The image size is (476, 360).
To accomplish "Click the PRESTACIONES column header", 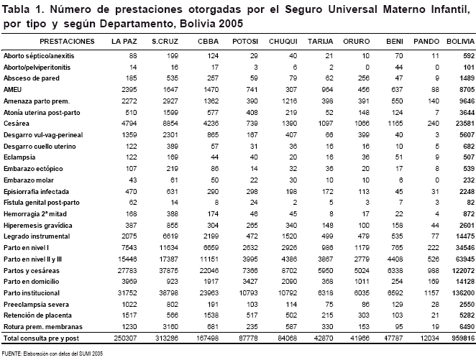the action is [67, 42].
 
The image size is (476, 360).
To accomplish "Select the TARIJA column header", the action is [320, 42].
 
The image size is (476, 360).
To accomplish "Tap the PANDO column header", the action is [426, 42].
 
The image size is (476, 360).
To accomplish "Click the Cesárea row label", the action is [17, 124].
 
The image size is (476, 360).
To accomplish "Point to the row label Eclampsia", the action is [19, 157].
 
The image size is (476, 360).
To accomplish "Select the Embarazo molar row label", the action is [29, 180].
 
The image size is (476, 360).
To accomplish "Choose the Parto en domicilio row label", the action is [31, 282].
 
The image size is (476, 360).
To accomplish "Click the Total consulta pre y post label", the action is [41, 338].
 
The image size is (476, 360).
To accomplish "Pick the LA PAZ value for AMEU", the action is [129, 90].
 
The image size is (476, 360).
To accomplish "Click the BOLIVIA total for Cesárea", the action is [465, 124].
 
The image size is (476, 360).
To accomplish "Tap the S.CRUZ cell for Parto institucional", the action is [168, 293].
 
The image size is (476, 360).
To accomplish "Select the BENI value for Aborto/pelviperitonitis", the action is [399, 68].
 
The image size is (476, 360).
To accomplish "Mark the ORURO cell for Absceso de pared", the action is [363, 78].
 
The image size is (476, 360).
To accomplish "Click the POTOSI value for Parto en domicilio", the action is [250, 282].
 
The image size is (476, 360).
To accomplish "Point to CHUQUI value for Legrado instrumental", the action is [289, 236].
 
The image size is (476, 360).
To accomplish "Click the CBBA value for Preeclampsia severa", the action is [213, 305].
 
